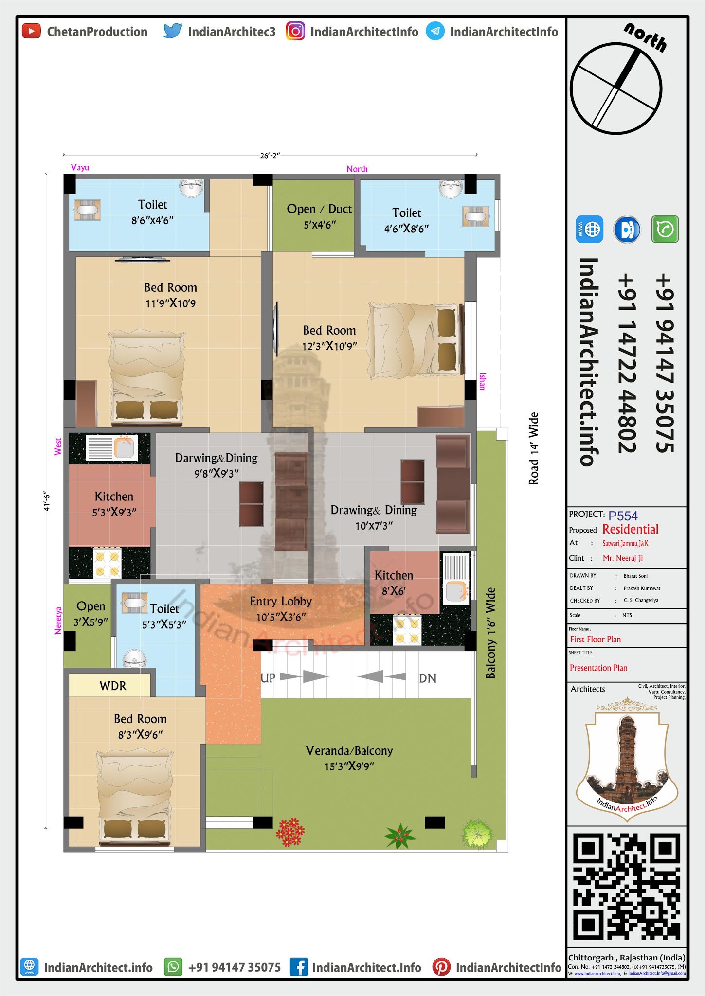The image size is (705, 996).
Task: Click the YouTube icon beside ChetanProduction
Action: point(32,32)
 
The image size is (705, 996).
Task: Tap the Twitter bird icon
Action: point(173,31)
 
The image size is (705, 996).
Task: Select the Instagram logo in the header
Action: point(295,31)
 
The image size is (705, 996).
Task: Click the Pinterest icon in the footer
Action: point(441,967)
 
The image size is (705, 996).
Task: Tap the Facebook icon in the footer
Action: point(299,967)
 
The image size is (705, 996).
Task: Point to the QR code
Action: point(627,887)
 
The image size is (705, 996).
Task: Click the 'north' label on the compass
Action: point(646,37)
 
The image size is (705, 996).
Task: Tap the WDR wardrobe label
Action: point(113,686)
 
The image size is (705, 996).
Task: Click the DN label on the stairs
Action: point(428,678)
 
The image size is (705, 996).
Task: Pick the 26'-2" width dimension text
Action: point(270,156)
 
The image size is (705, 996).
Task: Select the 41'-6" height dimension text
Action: point(47,500)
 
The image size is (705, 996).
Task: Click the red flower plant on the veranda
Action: point(290,832)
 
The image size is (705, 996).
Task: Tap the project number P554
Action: point(623,516)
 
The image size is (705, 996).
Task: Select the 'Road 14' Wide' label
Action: point(534,448)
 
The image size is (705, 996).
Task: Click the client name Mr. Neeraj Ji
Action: point(623,558)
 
